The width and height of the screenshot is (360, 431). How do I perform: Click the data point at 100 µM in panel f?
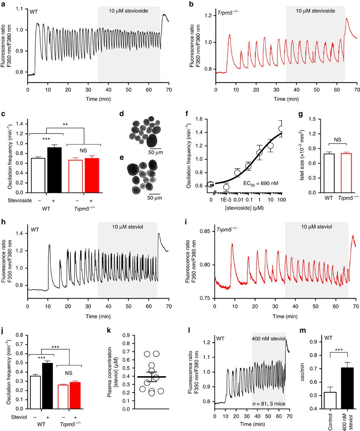[x=281, y=129]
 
